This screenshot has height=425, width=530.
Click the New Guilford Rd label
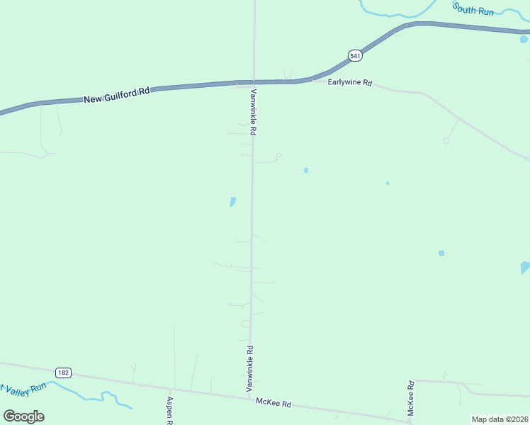point(117,94)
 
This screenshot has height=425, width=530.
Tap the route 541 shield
point(355,55)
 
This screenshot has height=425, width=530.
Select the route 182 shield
point(64,373)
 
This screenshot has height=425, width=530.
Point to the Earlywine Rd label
point(350,83)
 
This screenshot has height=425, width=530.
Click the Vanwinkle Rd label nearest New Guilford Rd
point(252,112)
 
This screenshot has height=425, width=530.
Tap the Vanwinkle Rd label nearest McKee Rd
point(249,368)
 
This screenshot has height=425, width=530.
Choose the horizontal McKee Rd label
point(274,403)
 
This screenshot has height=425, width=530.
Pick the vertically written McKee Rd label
point(410,398)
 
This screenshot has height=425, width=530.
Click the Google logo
point(23,416)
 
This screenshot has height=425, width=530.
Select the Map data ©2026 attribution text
point(499,419)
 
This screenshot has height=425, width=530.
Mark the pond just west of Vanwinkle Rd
point(232,202)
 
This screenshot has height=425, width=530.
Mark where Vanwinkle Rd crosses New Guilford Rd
point(254,82)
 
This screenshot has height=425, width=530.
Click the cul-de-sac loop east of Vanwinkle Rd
point(278,156)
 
